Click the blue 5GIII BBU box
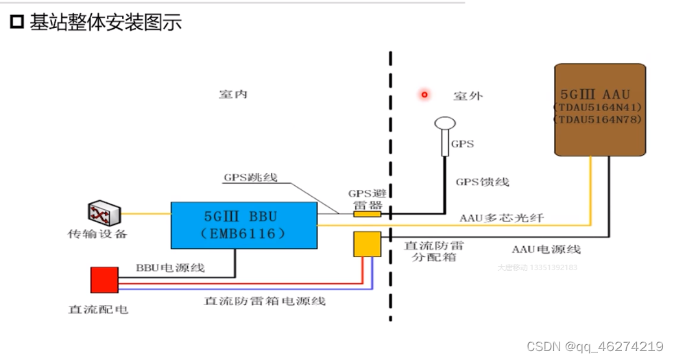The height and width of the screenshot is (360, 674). tap(243, 224)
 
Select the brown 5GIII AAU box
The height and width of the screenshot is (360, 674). tap(600, 109)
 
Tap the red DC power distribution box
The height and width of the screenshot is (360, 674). tap(104, 280)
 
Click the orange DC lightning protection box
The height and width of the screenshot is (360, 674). tap(367, 243)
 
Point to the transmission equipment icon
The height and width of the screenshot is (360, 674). tap(104, 213)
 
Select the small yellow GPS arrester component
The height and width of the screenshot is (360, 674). tap(367, 214)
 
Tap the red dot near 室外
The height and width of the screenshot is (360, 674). tap(424, 94)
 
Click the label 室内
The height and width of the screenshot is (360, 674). tap(232, 95)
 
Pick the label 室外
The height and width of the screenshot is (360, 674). tap(468, 96)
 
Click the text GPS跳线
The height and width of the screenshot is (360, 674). tap(250, 177)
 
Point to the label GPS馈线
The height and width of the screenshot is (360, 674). tap(482, 182)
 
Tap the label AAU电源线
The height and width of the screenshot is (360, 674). tap(546, 249)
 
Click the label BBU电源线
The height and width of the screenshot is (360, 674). tap(170, 267)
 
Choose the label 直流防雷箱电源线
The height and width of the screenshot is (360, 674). tap(265, 301)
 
